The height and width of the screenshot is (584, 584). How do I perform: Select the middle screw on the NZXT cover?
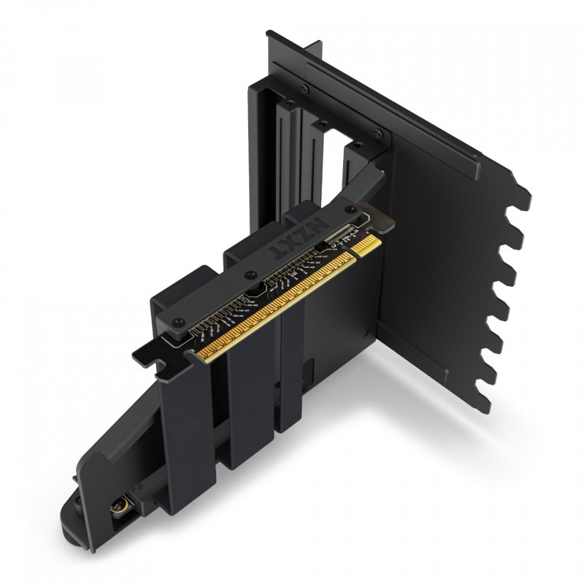[252, 275]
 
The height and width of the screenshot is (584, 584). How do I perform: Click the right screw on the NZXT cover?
[329, 230]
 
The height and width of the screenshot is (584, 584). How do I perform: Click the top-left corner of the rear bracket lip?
[269, 32]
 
